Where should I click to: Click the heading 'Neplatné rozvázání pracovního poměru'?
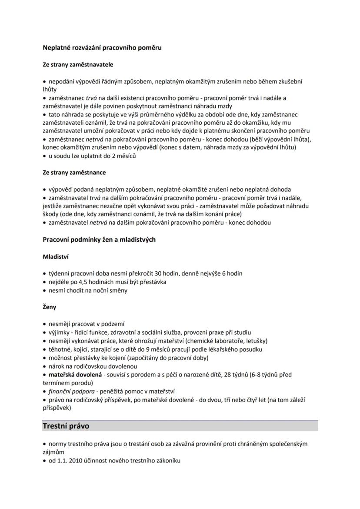(102, 47)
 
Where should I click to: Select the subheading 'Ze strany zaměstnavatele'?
(78, 64)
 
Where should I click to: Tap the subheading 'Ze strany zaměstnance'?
(74, 172)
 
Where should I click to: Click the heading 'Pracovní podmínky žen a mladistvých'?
(99, 240)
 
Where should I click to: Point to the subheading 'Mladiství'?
(56, 256)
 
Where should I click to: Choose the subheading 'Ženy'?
(50, 307)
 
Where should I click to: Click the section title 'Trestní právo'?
(66, 426)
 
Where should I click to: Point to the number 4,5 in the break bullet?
(86, 282)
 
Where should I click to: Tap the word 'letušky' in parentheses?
(254, 340)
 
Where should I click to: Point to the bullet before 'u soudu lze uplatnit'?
(45, 156)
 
